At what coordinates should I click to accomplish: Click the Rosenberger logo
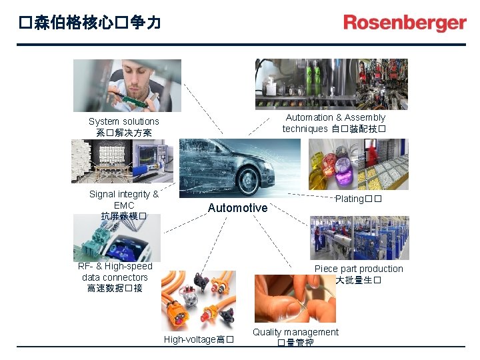pos(405,23)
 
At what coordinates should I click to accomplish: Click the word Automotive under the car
pos(237,208)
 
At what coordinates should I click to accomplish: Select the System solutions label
pos(124,127)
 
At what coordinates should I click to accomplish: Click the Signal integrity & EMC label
pos(124,205)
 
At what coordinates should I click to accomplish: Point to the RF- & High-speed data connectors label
pos(115,277)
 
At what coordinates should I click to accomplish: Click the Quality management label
pos(295,337)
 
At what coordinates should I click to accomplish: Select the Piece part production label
pos(359,274)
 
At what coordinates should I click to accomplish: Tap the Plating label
pos(359,199)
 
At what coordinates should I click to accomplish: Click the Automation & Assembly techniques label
pos(334,123)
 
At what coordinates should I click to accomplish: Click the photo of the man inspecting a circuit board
pos(127,85)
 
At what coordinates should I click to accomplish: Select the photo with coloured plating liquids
pos(333,164)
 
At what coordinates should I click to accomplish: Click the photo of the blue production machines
pos(359,238)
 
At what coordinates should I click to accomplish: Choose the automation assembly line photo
pos(331,83)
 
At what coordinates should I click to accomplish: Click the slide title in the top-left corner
pos(90,23)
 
